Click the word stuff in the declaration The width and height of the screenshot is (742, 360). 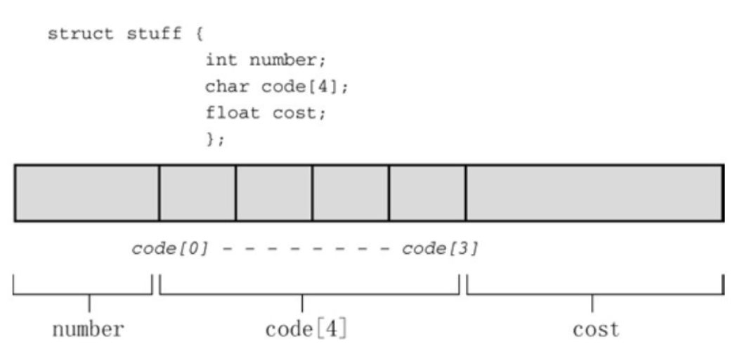click(x=149, y=33)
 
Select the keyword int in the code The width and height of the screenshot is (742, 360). click(x=218, y=60)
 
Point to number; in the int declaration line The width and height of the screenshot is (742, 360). click(x=287, y=60)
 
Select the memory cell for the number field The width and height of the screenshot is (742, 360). click(x=86, y=193)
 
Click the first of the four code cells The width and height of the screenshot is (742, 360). click(x=197, y=193)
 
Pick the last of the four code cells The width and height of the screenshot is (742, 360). click(x=427, y=193)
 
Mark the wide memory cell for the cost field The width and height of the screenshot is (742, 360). click(x=594, y=193)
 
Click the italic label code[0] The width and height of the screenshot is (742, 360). click(x=170, y=250)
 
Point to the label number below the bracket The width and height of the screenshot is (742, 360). click(x=88, y=329)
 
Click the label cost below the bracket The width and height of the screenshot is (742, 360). click(x=596, y=329)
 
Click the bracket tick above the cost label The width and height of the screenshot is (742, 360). click(x=592, y=302)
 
